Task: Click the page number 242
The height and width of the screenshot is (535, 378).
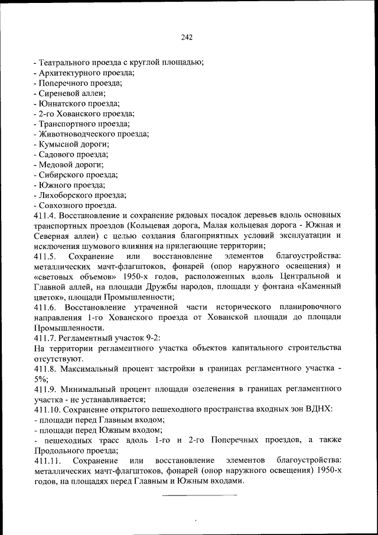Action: (x=187, y=37)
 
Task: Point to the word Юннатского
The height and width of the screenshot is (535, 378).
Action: (x=62, y=103)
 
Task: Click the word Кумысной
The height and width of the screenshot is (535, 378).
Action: (x=58, y=144)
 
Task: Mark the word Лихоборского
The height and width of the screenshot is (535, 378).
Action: (x=65, y=194)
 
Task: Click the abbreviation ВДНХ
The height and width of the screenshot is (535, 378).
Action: (x=320, y=409)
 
